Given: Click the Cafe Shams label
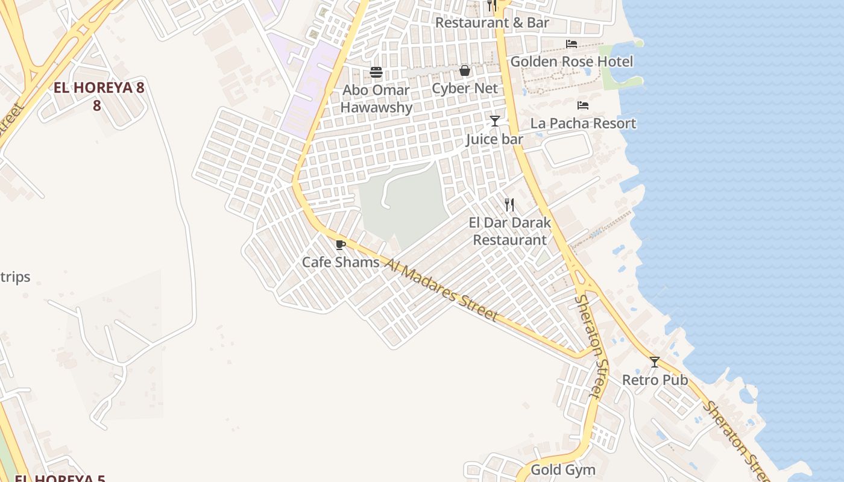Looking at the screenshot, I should point(341,262).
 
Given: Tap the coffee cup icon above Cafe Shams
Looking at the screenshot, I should point(341,245).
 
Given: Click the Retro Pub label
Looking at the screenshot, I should point(655,380).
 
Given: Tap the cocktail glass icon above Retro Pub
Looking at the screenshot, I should point(655,362).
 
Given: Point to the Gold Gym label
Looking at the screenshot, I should point(563,470).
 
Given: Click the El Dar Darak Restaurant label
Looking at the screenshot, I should point(510,231).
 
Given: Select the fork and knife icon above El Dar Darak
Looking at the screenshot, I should point(509,205).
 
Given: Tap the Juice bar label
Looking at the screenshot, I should point(494,140).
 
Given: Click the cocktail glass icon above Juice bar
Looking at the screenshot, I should point(495,121).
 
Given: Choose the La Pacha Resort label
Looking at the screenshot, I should point(583,124).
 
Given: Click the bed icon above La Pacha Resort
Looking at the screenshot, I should point(583,105).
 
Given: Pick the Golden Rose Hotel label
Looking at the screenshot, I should point(572,61).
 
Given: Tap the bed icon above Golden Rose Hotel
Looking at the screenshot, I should point(572,44).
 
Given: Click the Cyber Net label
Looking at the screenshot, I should point(465,89).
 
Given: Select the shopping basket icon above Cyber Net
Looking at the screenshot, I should point(465,70).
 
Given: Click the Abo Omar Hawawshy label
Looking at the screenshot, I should point(377,99).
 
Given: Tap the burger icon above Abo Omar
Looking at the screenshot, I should point(377,72).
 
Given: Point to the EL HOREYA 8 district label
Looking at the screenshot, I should point(99,88).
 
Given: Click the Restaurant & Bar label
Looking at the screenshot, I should point(492,23).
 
